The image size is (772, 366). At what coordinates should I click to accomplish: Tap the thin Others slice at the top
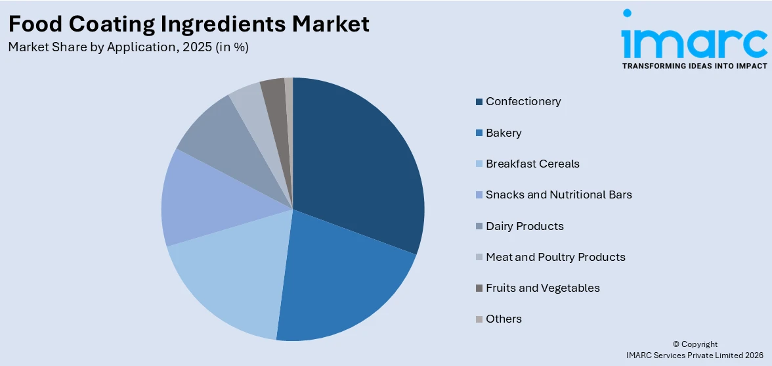click(289, 92)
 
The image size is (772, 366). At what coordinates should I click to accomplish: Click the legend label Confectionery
click(523, 101)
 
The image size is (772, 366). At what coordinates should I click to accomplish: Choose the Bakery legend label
click(504, 133)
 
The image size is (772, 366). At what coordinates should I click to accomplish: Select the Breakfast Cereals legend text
click(532, 164)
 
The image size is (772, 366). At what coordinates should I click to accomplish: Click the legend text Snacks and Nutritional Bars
click(559, 194)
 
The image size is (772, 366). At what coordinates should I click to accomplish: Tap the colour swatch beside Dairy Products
click(480, 227)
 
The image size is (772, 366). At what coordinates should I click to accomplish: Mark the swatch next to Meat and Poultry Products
click(480, 258)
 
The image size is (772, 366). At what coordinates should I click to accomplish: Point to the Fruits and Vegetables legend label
click(542, 288)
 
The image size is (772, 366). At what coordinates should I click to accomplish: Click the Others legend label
click(504, 319)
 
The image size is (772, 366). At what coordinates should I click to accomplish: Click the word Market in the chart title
click(331, 24)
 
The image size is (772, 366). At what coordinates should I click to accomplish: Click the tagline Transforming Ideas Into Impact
click(694, 66)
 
